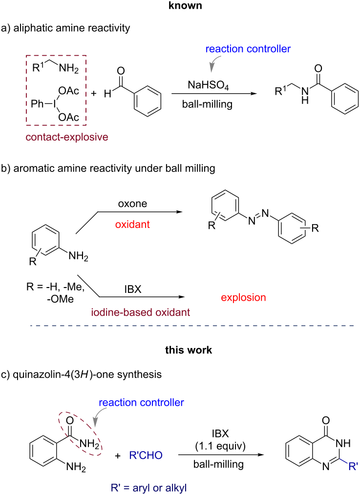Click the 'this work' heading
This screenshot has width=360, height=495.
pos(180,351)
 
